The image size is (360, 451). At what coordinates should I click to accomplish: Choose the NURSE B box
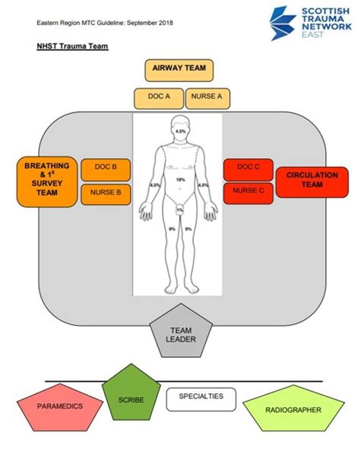105,194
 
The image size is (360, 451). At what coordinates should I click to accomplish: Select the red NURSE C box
248,191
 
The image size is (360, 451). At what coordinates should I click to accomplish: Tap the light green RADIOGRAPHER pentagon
292,411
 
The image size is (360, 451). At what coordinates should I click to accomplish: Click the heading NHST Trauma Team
72,46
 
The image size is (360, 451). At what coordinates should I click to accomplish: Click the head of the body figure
180,127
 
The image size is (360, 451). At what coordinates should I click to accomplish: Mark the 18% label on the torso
180,179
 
